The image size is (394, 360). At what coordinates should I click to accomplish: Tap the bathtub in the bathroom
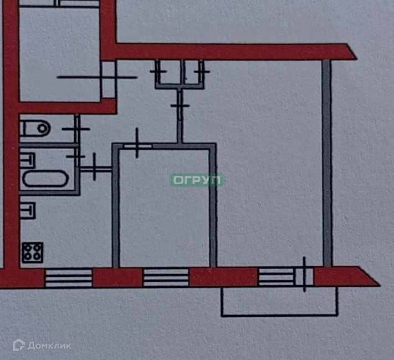coord(44,179)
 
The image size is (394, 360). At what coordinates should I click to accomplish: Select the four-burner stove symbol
coord(32,252)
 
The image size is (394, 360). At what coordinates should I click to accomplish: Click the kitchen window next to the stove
coord(68,277)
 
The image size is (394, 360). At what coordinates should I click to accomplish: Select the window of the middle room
coord(166,277)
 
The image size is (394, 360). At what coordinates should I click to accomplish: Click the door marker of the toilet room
coord(77,129)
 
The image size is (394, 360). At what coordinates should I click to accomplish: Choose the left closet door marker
coord(158,71)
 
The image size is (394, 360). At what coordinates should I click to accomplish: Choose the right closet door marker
coord(201,70)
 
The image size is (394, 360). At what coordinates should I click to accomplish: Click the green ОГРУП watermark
coord(197,180)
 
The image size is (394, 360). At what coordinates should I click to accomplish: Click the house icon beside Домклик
coord(19,346)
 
